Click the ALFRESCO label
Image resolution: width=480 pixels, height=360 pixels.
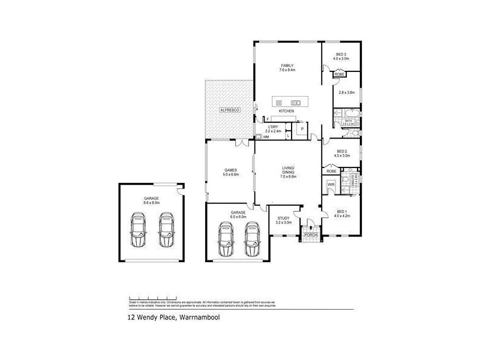coord(228,110)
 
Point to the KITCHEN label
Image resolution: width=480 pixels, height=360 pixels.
coord(286,112)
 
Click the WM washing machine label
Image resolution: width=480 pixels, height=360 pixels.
coord(266,137)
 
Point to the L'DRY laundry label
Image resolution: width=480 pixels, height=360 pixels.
coord(273,127)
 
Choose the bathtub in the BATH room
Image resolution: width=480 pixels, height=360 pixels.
coord(349,113)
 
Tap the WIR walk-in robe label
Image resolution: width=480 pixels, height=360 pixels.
coord(331,185)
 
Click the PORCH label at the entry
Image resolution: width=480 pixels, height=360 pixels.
coord(311,235)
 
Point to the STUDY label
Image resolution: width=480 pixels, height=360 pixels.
coord(283,218)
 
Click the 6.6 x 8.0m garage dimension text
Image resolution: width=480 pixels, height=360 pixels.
coord(151,203)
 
